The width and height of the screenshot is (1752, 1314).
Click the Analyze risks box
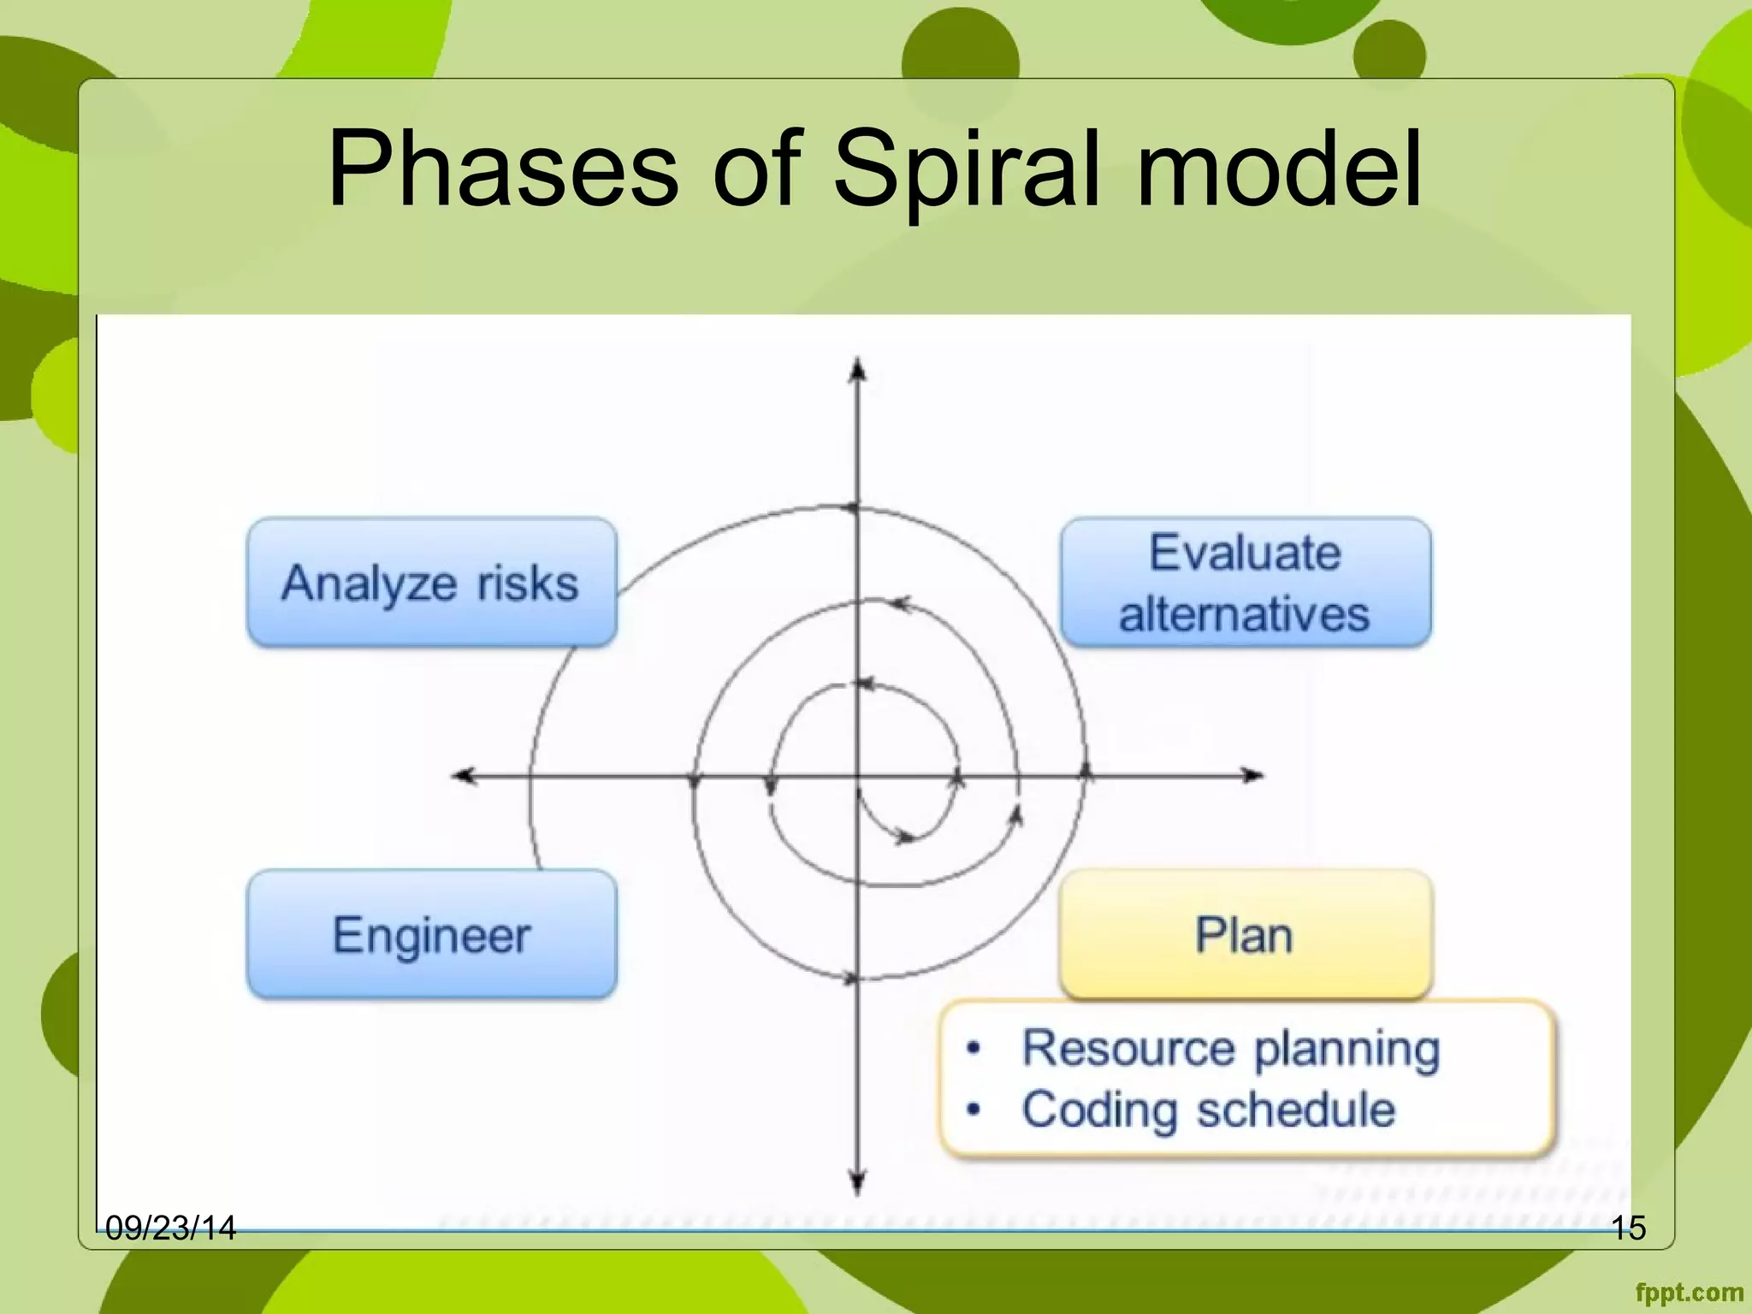[x=431, y=583]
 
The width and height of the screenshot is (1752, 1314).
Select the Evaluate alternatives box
[x=1246, y=583]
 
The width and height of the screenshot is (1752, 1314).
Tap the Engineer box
[x=431, y=934]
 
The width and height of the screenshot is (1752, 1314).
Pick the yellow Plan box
[x=1245, y=934]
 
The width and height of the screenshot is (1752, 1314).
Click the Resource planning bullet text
[x=1230, y=1049]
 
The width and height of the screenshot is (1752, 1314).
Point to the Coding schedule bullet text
[x=1208, y=1110]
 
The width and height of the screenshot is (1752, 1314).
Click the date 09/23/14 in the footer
[x=170, y=1228]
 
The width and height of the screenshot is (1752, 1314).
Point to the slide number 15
[x=1628, y=1228]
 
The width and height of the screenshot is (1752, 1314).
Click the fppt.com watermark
[x=1689, y=1293]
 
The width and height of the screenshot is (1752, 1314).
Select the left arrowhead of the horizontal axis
[x=464, y=776]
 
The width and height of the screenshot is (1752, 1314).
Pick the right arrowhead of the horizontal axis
[x=1252, y=776]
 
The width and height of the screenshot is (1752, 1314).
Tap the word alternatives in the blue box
[x=1245, y=614]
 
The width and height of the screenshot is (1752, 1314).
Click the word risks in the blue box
[x=528, y=584]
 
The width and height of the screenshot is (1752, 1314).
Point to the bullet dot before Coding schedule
[x=973, y=1110]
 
